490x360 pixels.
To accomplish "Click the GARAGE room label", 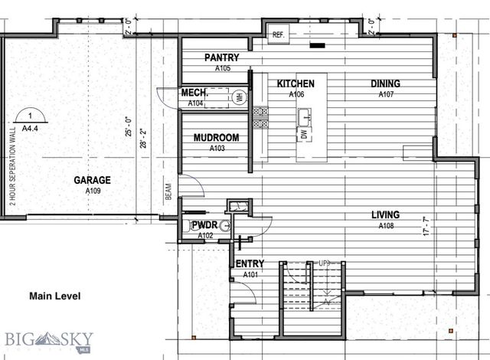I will click(x=92, y=180).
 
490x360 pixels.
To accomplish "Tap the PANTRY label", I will click(x=222, y=58).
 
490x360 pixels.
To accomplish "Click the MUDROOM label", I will click(x=216, y=138).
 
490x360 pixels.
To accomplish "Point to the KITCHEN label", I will click(x=296, y=83).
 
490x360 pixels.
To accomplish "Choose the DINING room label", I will click(x=385, y=83).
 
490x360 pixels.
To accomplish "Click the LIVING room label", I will click(x=385, y=216).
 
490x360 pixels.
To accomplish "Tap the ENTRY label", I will click(x=250, y=264).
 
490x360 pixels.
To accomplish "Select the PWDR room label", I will click(x=204, y=225).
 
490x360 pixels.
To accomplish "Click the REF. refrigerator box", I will click(x=277, y=34).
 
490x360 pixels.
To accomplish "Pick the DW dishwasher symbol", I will click(x=304, y=135).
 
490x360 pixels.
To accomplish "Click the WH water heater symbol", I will click(x=238, y=97).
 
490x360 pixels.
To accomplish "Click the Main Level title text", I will click(x=54, y=296).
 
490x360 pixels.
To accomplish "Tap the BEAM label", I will click(x=168, y=191).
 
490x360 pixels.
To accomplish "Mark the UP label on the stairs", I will click(x=325, y=264).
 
